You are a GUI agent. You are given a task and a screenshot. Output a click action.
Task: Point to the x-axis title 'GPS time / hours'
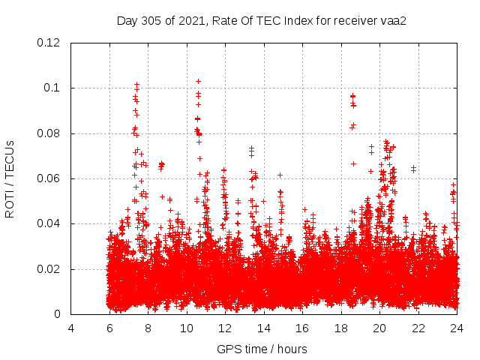262,349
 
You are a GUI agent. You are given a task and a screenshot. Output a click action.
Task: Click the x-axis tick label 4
71,328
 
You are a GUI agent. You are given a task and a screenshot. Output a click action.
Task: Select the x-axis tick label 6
109,328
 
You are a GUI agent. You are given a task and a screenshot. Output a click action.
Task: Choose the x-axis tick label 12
225,328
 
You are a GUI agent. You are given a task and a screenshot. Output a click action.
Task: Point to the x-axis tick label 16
302,328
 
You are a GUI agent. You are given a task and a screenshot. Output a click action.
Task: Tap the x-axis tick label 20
379,328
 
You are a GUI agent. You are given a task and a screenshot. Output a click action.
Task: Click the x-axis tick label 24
457,328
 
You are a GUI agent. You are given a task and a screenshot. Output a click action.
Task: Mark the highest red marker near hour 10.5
198,81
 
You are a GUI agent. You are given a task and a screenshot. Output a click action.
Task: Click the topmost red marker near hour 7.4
136,84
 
